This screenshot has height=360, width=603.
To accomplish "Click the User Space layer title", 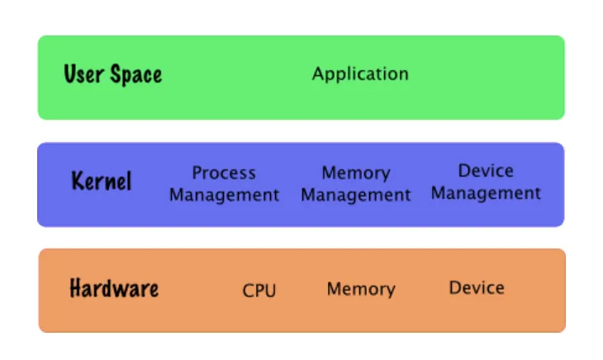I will (x=113, y=74).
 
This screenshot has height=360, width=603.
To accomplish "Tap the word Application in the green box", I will (x=360, y=74).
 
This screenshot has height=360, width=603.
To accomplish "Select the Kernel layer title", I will (x=102, y=181).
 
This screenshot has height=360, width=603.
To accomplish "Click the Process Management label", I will (x=224, y=184).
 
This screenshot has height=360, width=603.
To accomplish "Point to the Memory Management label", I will (x=355, y=184).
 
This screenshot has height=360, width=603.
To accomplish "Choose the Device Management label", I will (x=486, y=182).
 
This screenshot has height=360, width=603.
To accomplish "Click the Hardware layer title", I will (x=114, y=289).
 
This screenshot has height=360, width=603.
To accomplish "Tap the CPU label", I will (x=259, y=291).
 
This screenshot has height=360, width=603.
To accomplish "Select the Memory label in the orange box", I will (x=361, y=289).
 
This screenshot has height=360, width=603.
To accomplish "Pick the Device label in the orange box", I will (x=477, y=287).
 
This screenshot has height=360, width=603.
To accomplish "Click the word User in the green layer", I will (x=83, y=74).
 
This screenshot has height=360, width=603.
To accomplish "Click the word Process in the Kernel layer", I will (x=224, y=173).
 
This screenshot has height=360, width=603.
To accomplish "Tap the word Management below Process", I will (x=224, y=196).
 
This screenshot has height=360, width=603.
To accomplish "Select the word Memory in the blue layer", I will (x=355, y=173).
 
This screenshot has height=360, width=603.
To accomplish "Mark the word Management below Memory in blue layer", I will (x=355, y=196).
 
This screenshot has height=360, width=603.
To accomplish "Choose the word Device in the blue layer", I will (x=486, y=171).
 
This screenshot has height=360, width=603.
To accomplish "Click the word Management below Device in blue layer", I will (x=486, y=193).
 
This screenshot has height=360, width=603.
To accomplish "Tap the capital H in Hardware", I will (x=76, y=289).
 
